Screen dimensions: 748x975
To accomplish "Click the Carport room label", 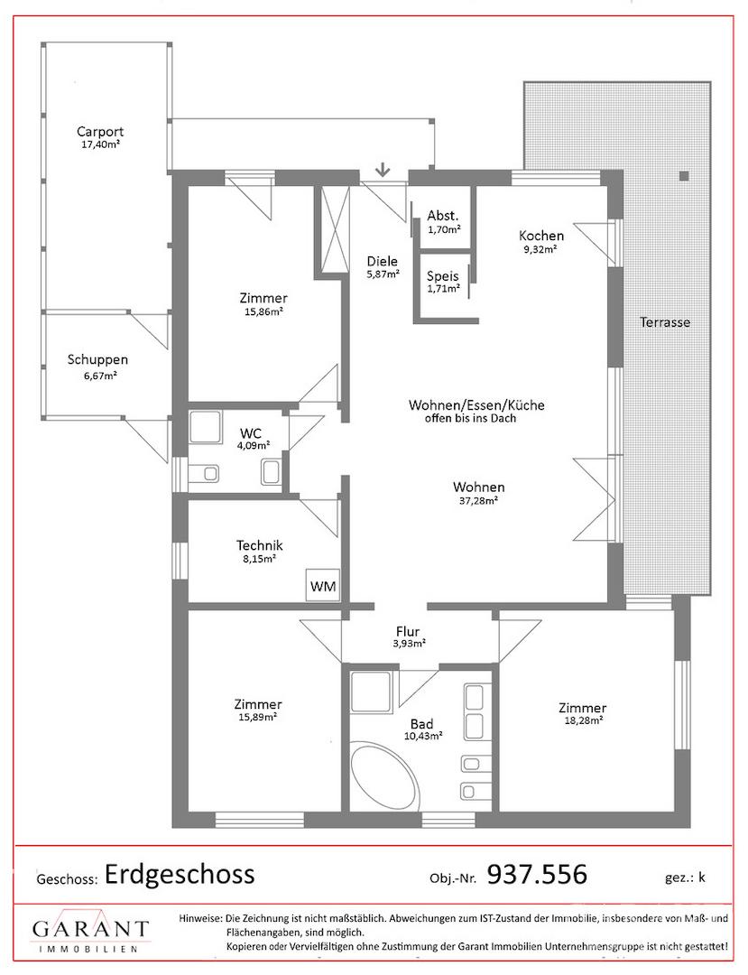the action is point(100,131).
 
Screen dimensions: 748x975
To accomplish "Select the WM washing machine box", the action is point(323,586).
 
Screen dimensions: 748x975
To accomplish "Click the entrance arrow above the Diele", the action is point(383,168).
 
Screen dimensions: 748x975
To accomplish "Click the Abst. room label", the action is point(442,216).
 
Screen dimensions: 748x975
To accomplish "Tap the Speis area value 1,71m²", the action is point(443,289).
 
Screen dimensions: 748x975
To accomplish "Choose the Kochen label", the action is point(541,236).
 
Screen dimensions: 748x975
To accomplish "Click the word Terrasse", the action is point(665,322).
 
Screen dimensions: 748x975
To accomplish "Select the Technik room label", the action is point(260,545).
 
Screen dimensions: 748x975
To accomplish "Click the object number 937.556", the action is point(537,874).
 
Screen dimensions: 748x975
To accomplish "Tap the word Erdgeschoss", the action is point(180,874).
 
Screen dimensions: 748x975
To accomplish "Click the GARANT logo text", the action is point(91,929).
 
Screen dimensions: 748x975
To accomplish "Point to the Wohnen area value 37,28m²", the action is point(478,499).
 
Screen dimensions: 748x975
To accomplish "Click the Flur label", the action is point(408,632).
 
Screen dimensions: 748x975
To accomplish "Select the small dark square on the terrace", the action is point(684,175).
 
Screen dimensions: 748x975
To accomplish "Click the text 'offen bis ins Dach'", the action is point(470,419).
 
